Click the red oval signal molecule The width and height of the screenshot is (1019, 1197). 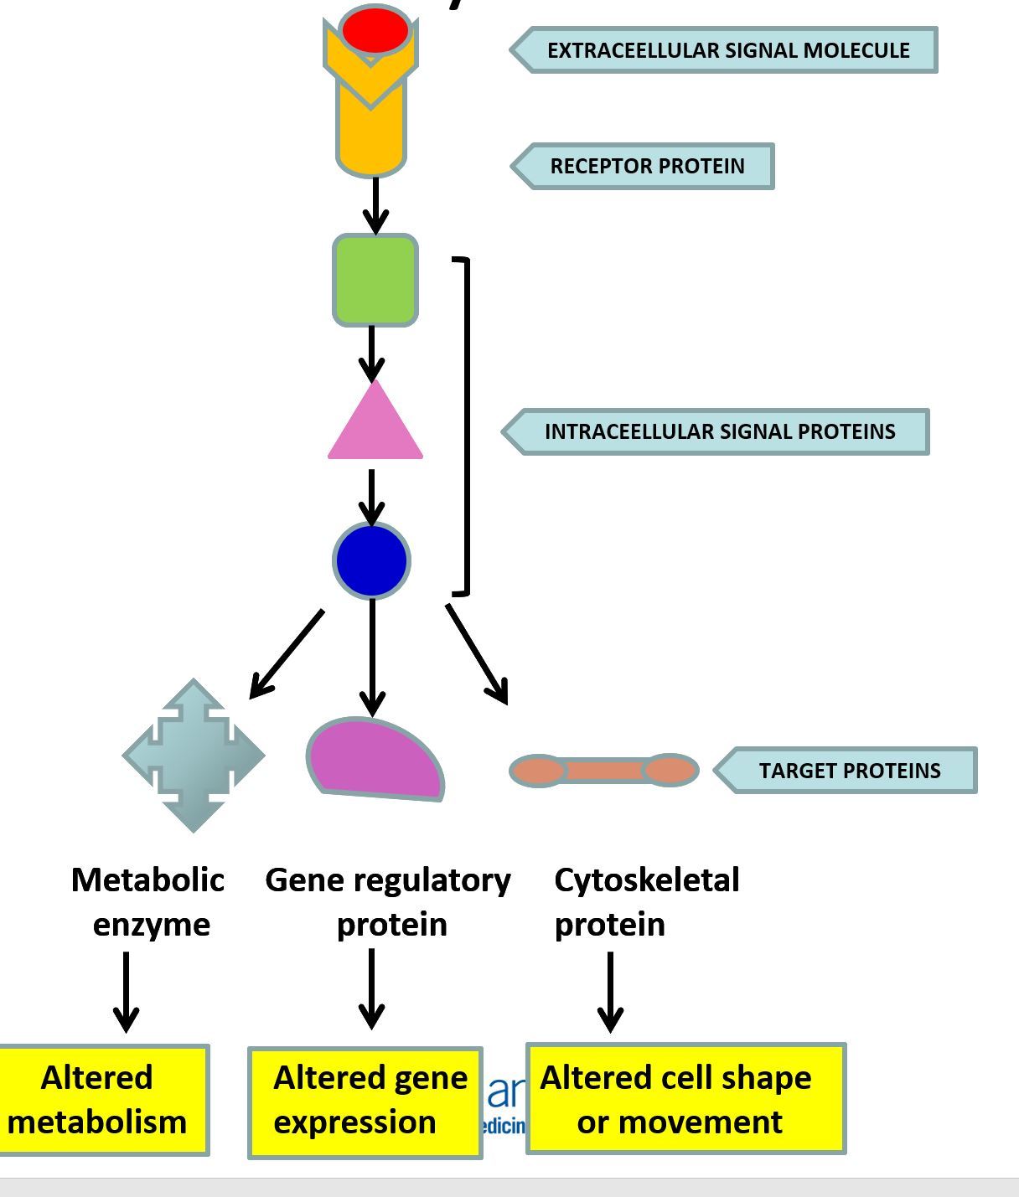pyautogui.click(x=375, y=30)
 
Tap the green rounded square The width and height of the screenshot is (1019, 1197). pyautogui.click(x=375, y=280)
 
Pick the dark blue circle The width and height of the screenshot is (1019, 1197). pyautogui.click(x=371, y=560)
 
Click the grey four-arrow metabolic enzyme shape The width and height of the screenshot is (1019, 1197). pyautogui.click(x=194, y=756)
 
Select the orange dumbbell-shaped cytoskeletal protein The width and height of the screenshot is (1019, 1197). pyautogui.click(x=603, y=770)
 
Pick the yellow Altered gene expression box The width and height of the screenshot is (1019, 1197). pyautogui.click(x=365, y=1102)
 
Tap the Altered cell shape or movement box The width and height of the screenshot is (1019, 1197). pyautogui.click(x=685, y=1099)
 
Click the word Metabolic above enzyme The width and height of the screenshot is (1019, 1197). pyautogui.click(x=147, y=880)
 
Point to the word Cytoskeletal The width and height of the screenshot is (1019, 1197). pyautogui.click(x=646, y=880)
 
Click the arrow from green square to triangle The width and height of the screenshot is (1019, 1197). pyautogui.click(x=372, y=353)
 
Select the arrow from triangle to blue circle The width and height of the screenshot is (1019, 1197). pyautogui.click(x=372, y=497)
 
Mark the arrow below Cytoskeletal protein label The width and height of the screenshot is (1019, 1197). pyautogui.click(x=610, y=992)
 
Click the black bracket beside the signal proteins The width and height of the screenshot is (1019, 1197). pyautogui.click(x=466, y=427)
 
